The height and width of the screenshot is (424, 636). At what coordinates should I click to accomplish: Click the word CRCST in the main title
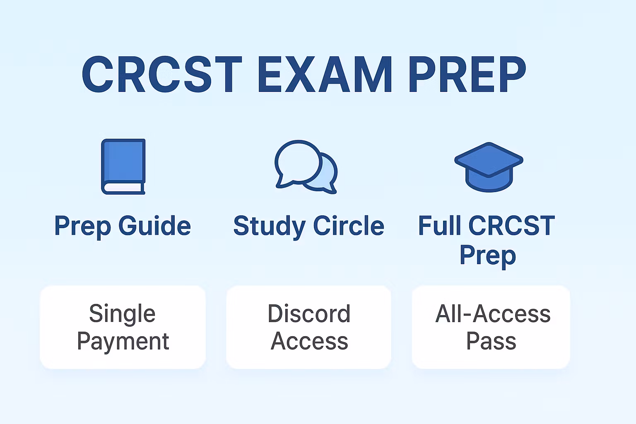click(x=161, y=75)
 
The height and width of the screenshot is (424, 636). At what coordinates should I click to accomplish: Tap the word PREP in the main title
click(x=467, y=75)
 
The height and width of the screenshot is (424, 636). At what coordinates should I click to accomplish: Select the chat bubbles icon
click(x=306, y=166)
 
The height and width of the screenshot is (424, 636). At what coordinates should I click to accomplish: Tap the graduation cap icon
click(x=489, y=166)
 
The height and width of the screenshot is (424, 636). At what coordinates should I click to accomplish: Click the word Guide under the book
click(x=154, y=226)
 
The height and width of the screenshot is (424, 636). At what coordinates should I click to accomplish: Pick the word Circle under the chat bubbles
click(x=348, y=226)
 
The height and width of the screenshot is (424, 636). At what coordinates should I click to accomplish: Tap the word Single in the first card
click(x=122, y=314)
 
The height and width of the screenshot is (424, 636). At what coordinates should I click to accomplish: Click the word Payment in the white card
click(x=123, y=342)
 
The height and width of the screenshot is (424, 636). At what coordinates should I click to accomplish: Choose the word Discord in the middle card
click(x=309, y=314)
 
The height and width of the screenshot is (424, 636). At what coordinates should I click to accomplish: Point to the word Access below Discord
click(x=309, y=342)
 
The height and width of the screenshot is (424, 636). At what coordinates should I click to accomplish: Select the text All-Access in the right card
click(x=493, y=314)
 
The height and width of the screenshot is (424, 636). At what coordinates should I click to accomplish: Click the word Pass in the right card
click(x=491, y=342)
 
